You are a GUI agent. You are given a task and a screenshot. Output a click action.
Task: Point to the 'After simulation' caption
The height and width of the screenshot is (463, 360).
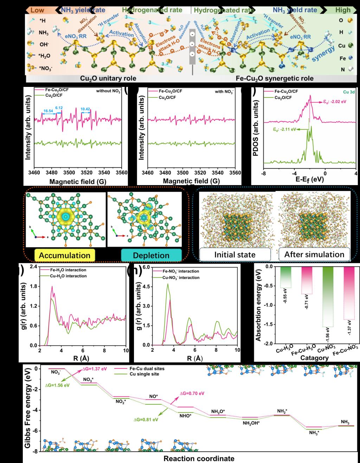pyautogui.click(x=314, y=254)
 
